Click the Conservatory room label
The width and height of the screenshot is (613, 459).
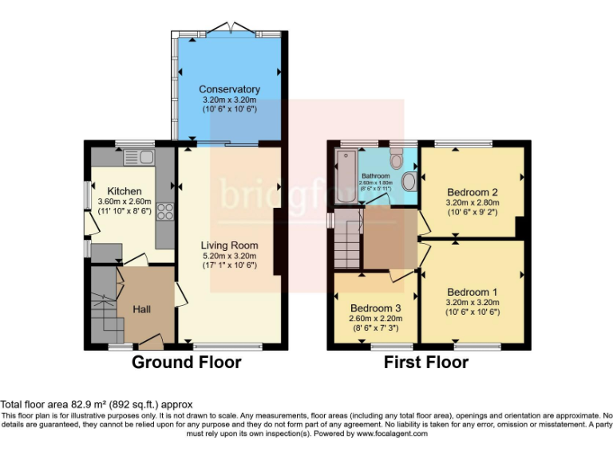[229, 89]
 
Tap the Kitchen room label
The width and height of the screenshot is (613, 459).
[125, 191]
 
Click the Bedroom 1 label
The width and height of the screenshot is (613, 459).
[473, 292]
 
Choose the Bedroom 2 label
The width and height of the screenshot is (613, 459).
[473, 192]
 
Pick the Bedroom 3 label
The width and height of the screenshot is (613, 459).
[375, 308]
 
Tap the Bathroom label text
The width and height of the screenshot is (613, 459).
[375, 175]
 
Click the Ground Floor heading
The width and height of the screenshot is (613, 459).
[186, 363]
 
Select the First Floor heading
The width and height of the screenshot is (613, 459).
[425, 363]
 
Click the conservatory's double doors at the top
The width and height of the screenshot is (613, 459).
[229, 29]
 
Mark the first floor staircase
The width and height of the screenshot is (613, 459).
[346, 239]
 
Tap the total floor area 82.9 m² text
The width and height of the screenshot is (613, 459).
[96, 405]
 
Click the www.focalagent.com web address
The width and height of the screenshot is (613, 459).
[392, 434]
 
